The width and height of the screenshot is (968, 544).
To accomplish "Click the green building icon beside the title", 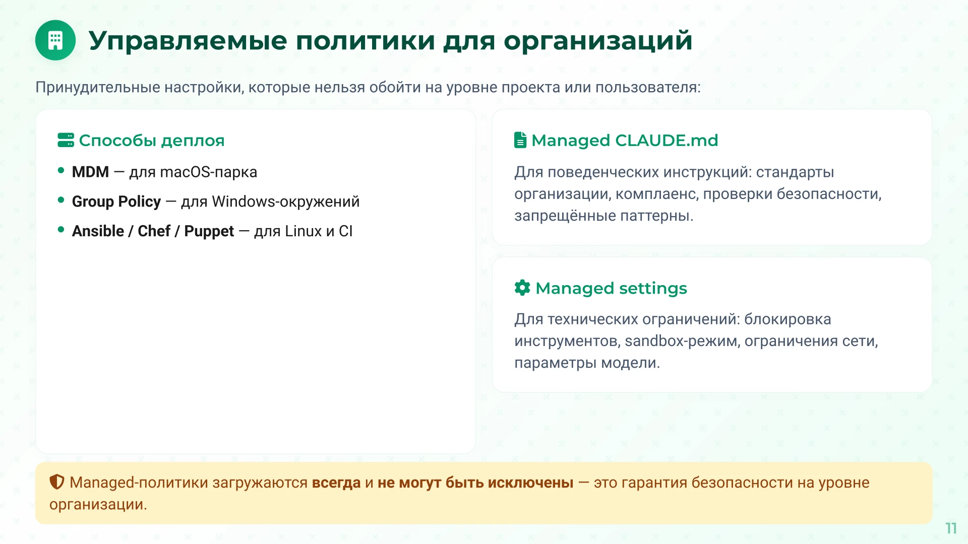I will (x=55, y=40).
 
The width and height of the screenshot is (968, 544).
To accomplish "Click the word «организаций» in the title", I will (x=598, y=40).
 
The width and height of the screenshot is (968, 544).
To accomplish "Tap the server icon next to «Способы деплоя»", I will (x=66, y=140).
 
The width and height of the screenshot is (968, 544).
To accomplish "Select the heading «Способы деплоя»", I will (x=151, y=140).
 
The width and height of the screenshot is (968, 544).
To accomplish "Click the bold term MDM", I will (x=90, y=172).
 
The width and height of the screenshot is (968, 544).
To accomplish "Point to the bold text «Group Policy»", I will (x=116, y=201).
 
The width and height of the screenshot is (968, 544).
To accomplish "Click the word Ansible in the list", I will (x=98, y=231).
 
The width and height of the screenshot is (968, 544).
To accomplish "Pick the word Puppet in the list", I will (x=209, y=231).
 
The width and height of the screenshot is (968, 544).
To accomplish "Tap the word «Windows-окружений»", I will (x=285, y=201).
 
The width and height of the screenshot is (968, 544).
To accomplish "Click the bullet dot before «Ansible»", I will (x=61, y=230).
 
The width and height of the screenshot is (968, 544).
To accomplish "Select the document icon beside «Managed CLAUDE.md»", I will (x=520, y=140).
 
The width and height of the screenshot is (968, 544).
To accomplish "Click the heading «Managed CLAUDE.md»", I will (x=624, y=140).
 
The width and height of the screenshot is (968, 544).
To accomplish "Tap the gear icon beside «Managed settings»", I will (x=522, y=288).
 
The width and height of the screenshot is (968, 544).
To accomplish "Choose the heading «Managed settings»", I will (x=611, y=288).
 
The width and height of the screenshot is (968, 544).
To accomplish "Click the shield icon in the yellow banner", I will (x=57, y=482).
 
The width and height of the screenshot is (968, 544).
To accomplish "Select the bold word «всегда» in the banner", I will (x=336, y=483).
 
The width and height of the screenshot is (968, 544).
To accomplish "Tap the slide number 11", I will (x=951, y=528).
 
